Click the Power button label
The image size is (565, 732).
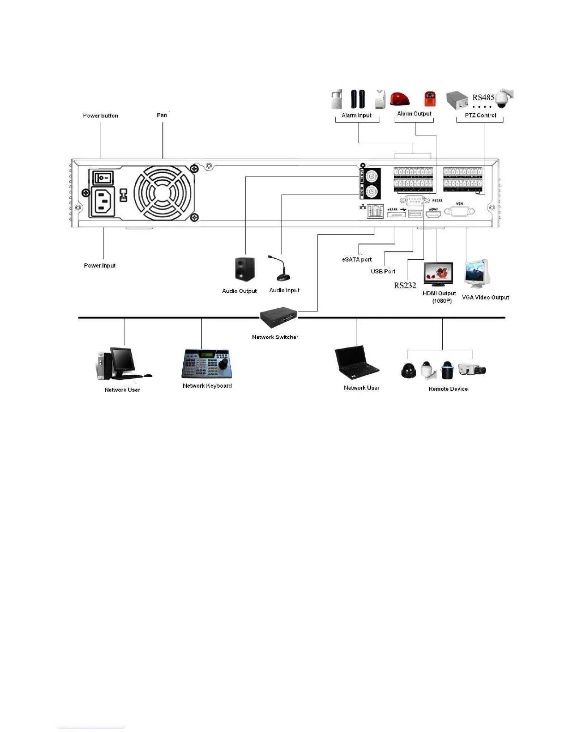pos(101,116)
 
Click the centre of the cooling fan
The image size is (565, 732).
pos(164,193)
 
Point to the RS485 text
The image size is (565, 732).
pos(483,98)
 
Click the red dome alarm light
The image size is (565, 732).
pos(400,99)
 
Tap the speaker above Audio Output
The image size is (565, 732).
pos(244,270)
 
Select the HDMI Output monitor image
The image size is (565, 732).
pos(438,274)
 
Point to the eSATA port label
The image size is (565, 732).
pos(357,260)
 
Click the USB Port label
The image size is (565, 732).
pos(383,271)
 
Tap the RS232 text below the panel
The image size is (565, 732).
pos(405,286)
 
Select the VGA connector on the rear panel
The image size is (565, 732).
pos(459,212)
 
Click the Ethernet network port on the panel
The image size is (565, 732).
pos(376,212)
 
